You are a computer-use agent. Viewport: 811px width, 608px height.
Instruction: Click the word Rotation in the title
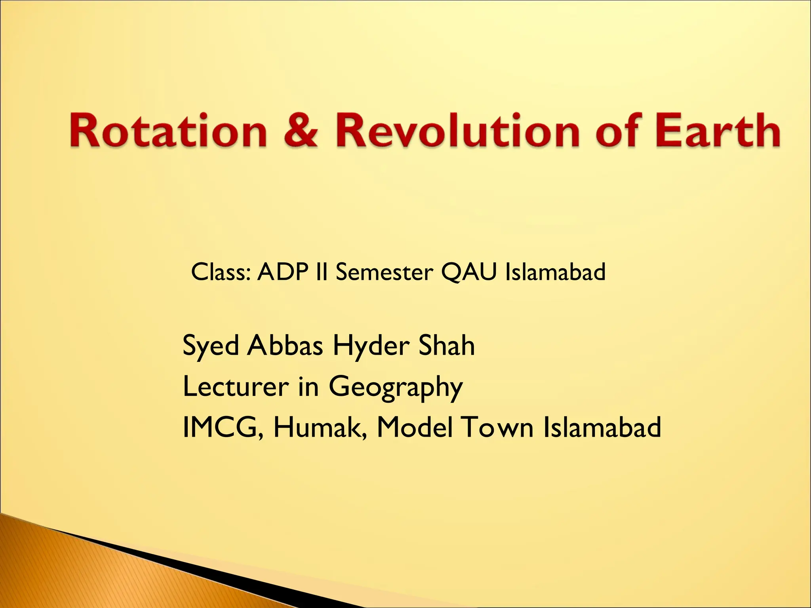point(168,131)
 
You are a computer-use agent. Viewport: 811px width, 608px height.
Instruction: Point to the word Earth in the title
point(717,131)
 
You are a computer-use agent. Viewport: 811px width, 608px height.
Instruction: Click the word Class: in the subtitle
point(221,272)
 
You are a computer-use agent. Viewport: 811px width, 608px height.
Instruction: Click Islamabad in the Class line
point(555,272)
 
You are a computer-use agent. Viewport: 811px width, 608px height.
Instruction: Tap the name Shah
point(446,345)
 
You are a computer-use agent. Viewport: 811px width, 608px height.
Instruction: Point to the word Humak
point(319,427)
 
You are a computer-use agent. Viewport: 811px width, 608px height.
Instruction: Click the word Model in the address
point(414,427)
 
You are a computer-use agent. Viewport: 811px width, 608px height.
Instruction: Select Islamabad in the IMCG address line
point(602,427)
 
